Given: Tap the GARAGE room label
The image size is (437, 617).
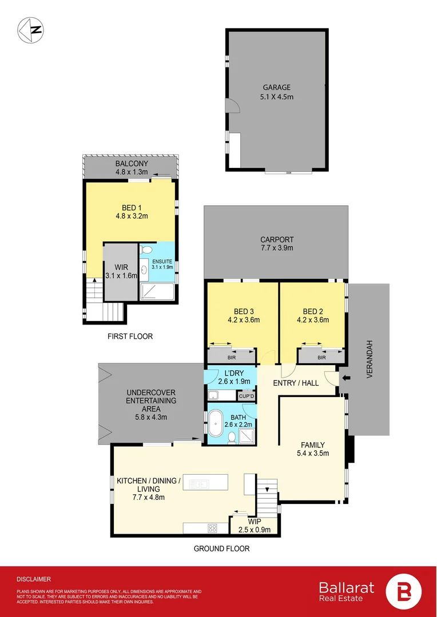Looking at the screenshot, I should (x=277, y=87).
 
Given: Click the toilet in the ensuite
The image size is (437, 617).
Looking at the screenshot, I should (x=146, y=250).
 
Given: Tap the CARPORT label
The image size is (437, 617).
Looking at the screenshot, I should (x=277, y=240).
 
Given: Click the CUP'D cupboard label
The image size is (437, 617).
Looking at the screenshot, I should (x=247, y=395).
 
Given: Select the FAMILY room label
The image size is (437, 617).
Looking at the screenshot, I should (x=313, y=445).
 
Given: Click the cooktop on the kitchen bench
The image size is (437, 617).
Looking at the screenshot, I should (x=212, y=528).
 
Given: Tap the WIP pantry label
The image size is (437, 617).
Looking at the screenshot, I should (x=254, y=521).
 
